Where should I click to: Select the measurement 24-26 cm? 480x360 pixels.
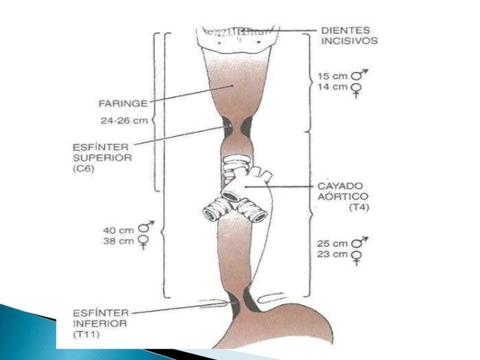point(128,122)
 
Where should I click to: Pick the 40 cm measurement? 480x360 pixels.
point(115,231)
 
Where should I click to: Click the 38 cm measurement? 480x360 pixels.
point(115,242)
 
